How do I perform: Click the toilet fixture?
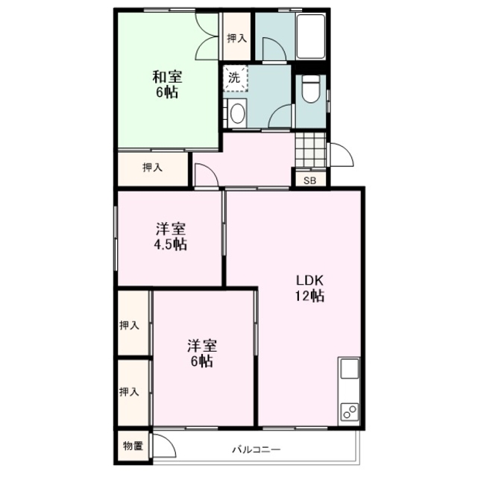coord(310,89)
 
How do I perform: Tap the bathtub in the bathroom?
coord(311,36)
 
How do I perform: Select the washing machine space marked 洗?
coord(236,78)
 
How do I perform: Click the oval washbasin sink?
coord(238,113)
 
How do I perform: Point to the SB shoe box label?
coord(310,180)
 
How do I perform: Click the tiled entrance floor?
coord(310,150)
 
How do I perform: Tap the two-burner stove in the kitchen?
coord(350,412)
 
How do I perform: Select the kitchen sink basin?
coord(350,368)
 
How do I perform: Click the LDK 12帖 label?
coord(309,288)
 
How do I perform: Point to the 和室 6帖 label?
coord(167,84)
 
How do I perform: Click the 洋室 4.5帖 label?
coord(171,237)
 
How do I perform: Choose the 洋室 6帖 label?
coord(202,353)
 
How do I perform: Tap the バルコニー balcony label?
coord(256,449)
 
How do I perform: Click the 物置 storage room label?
coord(133,446)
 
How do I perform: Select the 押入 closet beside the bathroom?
coord(237,38)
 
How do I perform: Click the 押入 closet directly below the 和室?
coord(152,167)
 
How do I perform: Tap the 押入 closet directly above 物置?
coord(129,392)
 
